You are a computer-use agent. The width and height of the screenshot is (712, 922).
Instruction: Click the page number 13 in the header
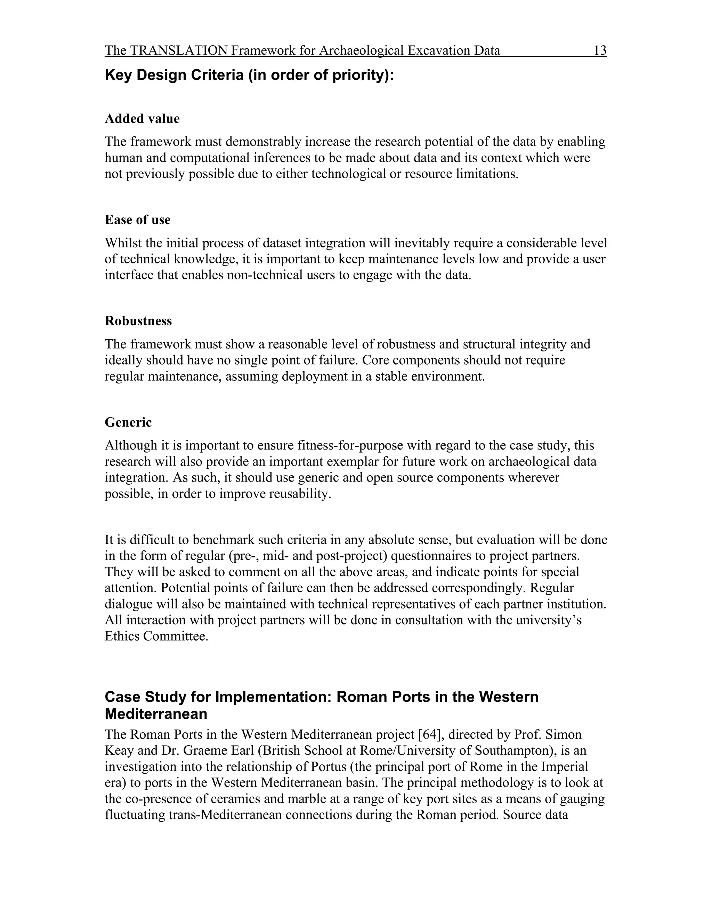[x=600, y=51]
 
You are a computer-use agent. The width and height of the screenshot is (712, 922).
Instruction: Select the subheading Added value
[x=142, y=119]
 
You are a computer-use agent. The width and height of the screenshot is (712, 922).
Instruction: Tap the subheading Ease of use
[x=138, y=220]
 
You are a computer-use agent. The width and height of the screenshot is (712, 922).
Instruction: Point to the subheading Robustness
[x=138, y=321]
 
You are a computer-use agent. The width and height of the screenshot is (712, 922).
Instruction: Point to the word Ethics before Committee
[x=122, y=636]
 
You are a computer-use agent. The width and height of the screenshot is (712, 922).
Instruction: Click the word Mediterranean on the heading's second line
[x=156, y=714]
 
